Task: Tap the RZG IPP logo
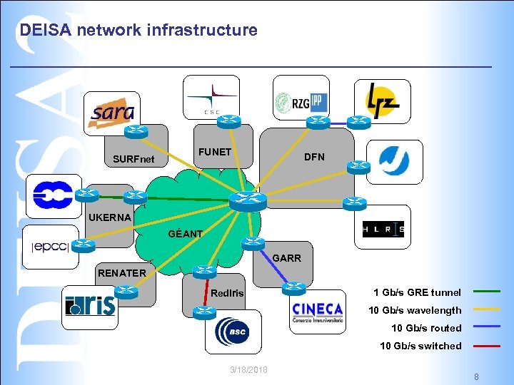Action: click(x=301, y=98)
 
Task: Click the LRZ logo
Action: click(x=382, y=101)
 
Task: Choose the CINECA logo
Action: click(x=317, y=312)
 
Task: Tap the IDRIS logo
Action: click(x=89, y=305)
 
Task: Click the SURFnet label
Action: click(x=133, y=158)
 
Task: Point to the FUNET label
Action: click(x=215, y=152)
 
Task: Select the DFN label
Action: click(x=314, y=157)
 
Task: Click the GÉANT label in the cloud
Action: click(x=185, y=234)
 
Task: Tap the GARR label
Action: click(x=287, y=258)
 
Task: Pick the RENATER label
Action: click(x=122, y=272)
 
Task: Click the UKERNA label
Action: click(x=110, y=217)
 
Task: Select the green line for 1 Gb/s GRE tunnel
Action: click(x=486, y=292)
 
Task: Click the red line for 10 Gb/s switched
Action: click(x=486, y=346)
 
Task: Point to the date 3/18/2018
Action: click(x=249, y=369)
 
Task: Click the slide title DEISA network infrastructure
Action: click(x=138, y=30)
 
